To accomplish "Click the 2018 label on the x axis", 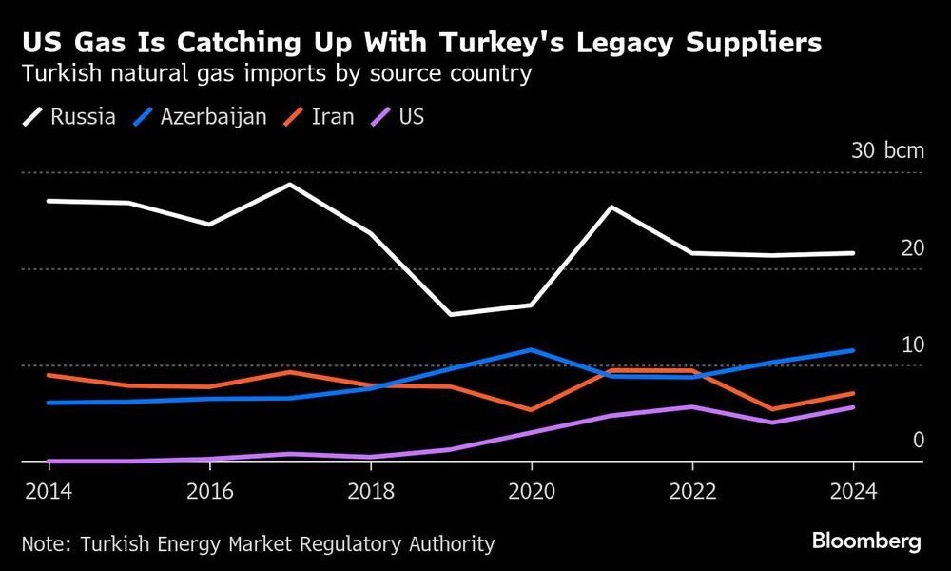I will click(x=370, y=493).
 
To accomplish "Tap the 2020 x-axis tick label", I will click(x=531, y=493).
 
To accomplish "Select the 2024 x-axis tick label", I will click(x=853, y=493).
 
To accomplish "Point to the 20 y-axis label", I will click(x=913, y=247).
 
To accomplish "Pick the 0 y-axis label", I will click(x=919, y=440).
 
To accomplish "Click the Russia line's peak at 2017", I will click(x=289, y=184).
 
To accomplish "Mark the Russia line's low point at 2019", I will click(x=450, y=314).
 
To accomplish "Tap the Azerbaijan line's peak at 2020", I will click(x=531, y=349).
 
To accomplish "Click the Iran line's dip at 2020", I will click(x=531, y=410).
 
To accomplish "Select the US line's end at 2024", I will click(x=853, y=407).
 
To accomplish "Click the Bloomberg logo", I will click(x=866, y=541).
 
